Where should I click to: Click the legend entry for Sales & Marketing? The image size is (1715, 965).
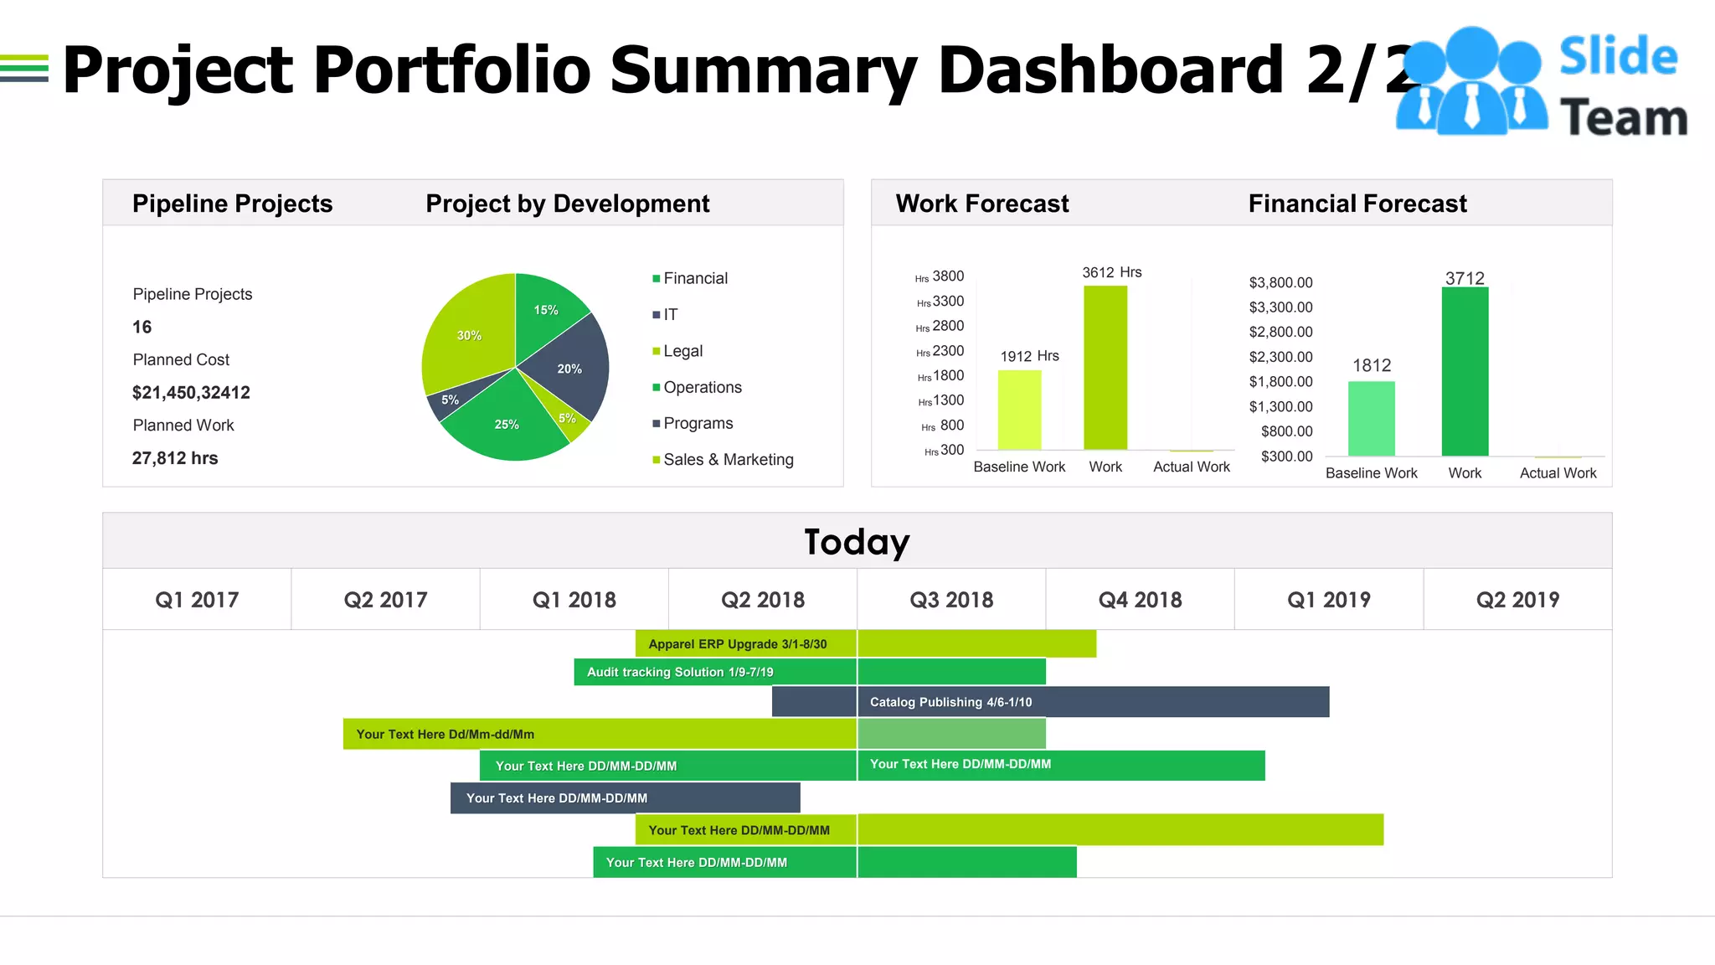[727, 459]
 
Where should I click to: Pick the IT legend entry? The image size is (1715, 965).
[670, 314]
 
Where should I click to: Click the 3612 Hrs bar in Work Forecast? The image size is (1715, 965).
[1105, 369]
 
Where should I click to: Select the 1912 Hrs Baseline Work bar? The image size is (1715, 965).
[1019, 410]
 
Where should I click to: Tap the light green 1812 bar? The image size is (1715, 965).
[1371, 419]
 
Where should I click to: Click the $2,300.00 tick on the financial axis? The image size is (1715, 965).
[1280, 357]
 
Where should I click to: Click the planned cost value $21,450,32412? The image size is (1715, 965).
[191, 392]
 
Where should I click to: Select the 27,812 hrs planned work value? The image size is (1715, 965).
[175, 458]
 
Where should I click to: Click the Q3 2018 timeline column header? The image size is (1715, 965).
[951, 600]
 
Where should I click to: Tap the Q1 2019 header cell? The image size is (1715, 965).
[1328, 600]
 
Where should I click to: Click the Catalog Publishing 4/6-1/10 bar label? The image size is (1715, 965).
[950, 702]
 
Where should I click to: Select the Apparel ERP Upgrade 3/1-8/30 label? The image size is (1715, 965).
[737, 644]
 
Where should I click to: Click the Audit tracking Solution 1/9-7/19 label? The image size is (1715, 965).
[680, 672]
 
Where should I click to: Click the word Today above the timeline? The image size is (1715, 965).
[857, 541]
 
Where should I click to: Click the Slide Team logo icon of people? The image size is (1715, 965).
[1471, 81]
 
